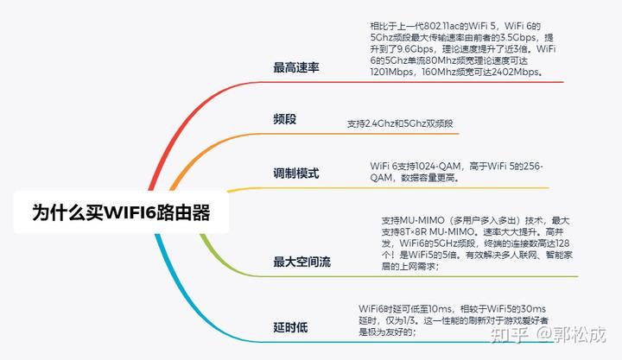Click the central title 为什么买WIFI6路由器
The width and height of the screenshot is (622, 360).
coord(121,212)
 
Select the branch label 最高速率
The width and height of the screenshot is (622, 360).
coord(296,67)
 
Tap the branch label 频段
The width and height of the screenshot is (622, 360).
coord(284,118)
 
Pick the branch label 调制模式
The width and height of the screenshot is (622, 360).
coord(296,174)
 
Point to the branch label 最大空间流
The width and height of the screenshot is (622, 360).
coord(301,262)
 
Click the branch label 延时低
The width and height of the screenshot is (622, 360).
coord(290,327)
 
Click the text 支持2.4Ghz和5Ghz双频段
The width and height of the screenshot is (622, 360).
coord(400,123)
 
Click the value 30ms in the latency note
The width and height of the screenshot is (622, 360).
coord(533,309)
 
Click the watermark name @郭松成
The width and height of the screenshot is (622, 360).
coord(571,335)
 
